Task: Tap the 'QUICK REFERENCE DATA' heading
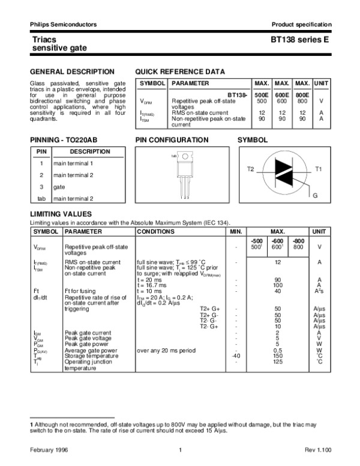pos(180,71)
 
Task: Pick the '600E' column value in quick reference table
pos(281,95)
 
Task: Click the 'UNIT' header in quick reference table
pos(322,83)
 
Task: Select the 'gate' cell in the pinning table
pos(59,187)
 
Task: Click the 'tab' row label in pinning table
pos(41,198)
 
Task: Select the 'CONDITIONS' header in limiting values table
pos(156,231)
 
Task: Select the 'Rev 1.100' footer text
pos(316,450)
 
